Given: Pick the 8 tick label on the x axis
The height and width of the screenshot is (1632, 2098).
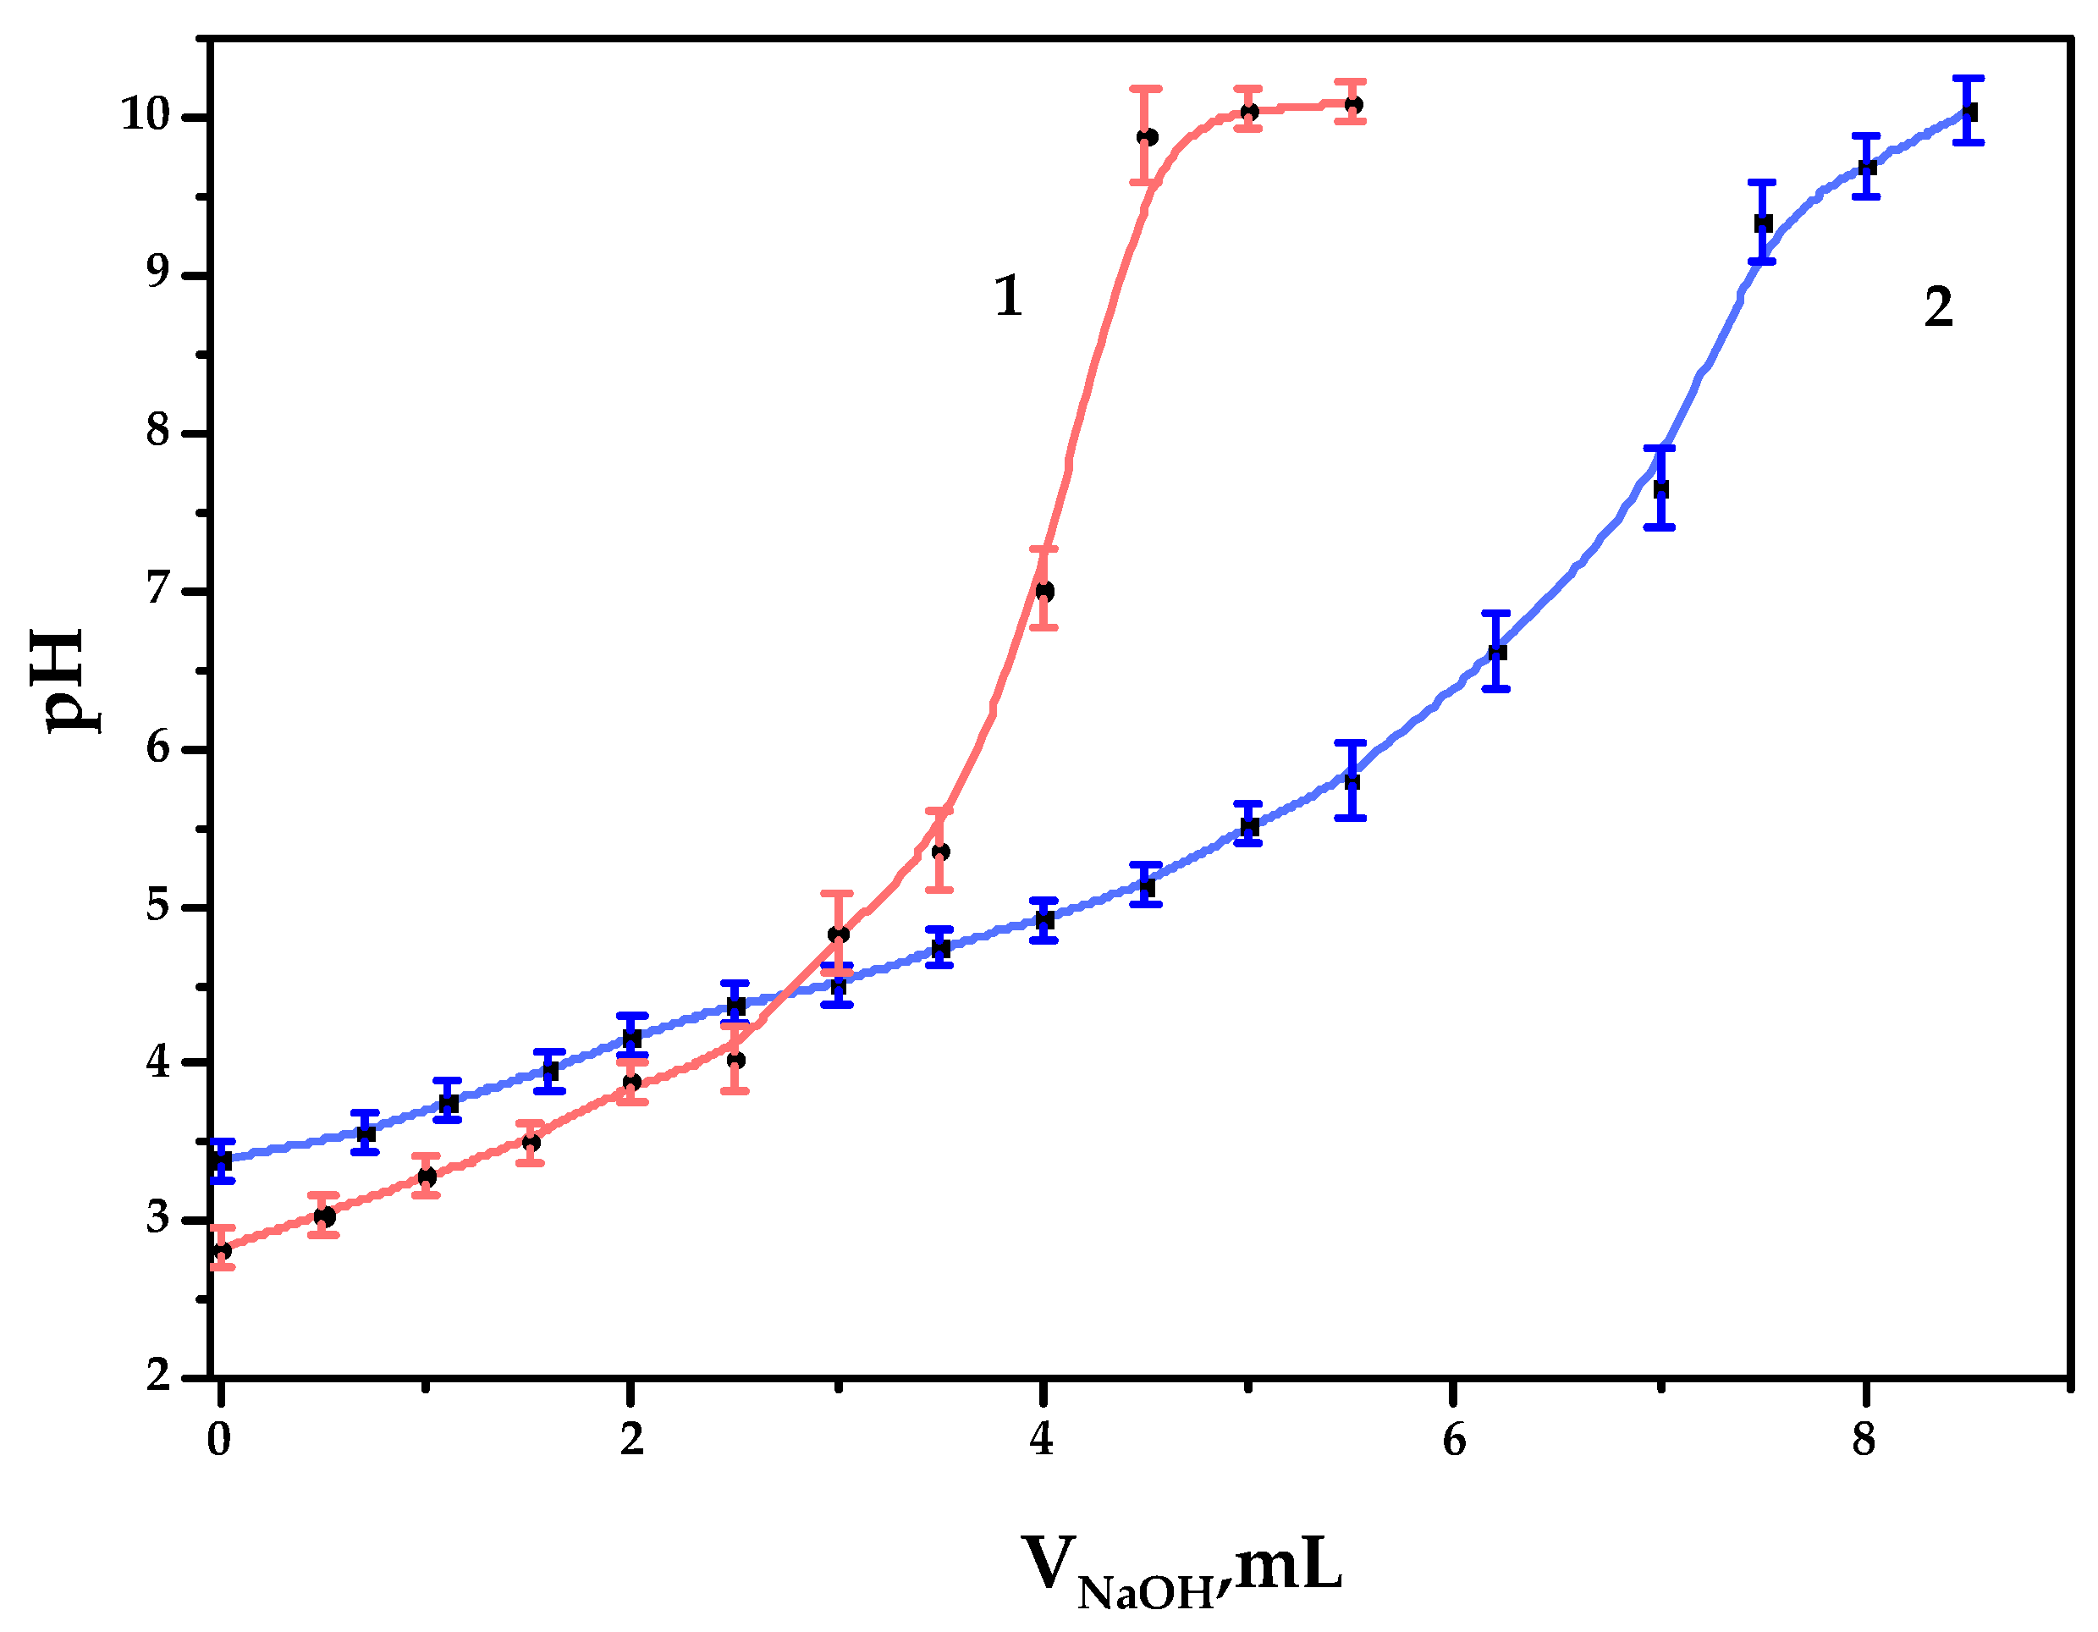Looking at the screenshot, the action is point(1864,1439).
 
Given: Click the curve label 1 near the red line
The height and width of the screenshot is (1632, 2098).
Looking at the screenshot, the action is point(1007,296).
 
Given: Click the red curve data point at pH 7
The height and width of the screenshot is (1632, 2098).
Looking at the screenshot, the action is point(1044,591).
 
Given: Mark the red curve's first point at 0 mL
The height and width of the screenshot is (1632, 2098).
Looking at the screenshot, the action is point(222,1250).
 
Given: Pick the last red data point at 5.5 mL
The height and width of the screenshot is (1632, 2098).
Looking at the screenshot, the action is point(1352,105).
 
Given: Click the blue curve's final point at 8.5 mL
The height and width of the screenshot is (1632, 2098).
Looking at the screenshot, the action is point(1968,113).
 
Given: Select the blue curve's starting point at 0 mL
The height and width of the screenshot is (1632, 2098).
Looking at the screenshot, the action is point(222,1161).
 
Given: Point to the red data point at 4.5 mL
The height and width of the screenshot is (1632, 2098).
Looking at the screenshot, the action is point(1147,137).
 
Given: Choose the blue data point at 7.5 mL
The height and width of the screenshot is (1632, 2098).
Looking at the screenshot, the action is point(1763,223).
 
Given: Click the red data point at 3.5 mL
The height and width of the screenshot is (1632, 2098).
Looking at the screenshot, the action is point(940,851).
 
